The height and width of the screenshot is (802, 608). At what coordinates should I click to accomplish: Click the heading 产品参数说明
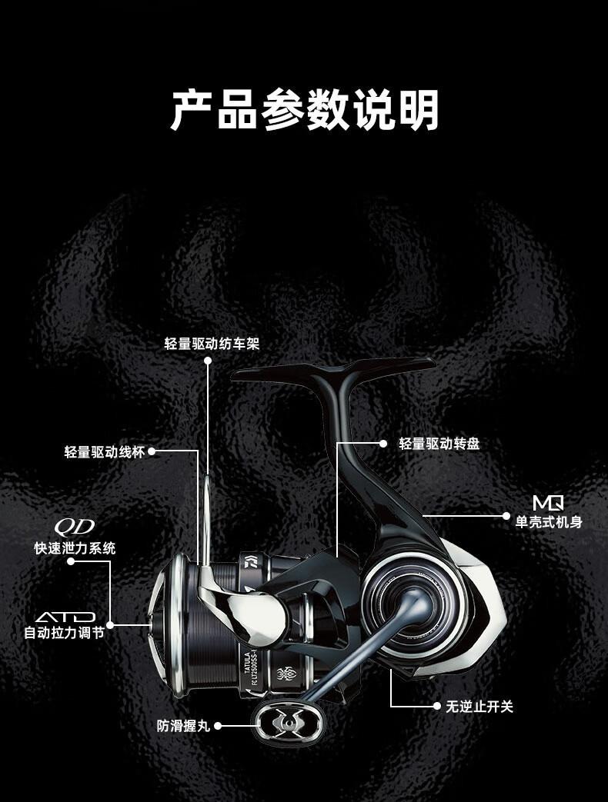click(304, 110)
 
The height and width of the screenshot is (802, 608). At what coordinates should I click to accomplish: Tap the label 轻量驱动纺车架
click(212, 344)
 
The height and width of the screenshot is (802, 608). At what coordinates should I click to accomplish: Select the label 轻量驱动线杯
click(105, 452)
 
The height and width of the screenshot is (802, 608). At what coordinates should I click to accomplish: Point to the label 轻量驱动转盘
click(439, 444)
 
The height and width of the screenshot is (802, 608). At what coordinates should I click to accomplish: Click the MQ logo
click(548, 504)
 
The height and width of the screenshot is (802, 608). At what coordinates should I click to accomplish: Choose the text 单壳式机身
click(548, 523)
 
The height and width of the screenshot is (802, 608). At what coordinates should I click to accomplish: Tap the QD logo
click(74, 527)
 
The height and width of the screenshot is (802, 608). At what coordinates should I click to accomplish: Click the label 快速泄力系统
click(75, 548)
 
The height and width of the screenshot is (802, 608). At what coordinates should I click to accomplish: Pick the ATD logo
click(65, 617)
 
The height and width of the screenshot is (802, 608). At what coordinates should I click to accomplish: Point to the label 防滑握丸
click(183, 725)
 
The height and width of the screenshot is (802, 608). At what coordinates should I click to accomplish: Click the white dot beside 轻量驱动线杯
click(152, 452)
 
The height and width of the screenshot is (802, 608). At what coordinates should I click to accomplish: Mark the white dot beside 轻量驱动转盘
click(383, 444)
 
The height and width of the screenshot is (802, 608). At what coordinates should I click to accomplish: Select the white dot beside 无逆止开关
click(437, 706)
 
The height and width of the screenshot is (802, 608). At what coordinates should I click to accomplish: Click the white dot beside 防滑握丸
click(218, 725)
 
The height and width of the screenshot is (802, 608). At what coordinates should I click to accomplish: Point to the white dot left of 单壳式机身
click(506, 515)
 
